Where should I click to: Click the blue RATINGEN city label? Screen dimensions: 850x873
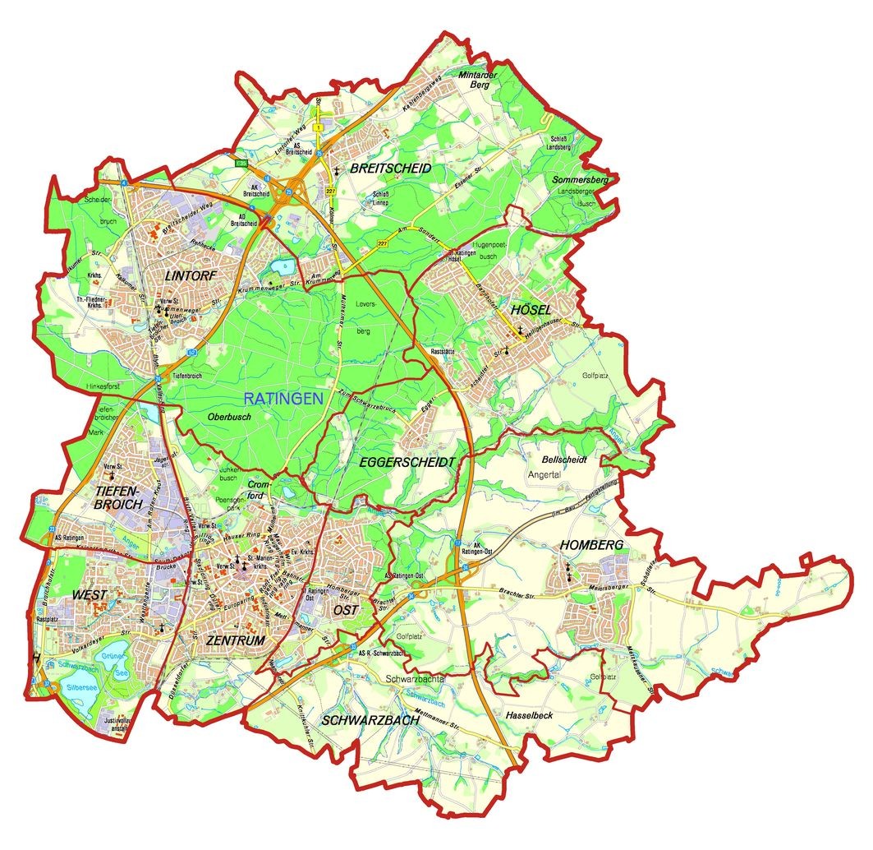[283, 399]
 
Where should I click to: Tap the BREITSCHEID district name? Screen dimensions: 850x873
[390, 168]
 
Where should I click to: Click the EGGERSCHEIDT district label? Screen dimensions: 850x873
[407, 463]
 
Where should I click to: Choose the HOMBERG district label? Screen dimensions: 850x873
[593, 545]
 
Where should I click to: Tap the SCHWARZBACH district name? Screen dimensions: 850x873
[372, 720]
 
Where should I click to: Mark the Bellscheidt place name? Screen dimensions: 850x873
[564, 460]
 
